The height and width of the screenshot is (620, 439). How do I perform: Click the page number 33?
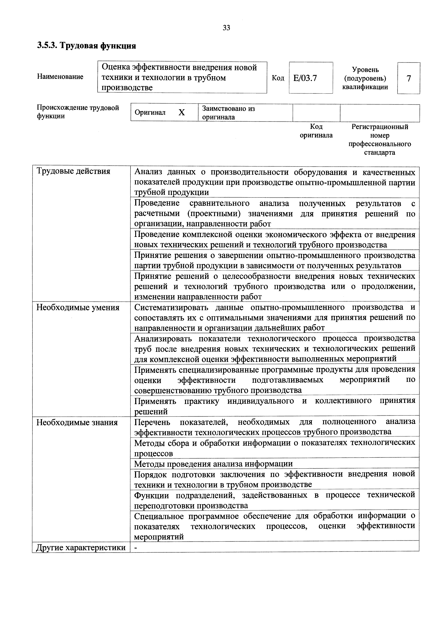coord(226,28)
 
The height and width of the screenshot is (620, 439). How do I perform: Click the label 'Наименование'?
coord(60,77)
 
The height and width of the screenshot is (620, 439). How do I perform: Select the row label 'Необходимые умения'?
coord(78,308)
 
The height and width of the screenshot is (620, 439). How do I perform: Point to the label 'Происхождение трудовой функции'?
coord(78,112)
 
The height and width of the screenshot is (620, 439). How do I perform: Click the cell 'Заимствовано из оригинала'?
coord(228,113)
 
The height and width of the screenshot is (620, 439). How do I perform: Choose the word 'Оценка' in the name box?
coord(116,67)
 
